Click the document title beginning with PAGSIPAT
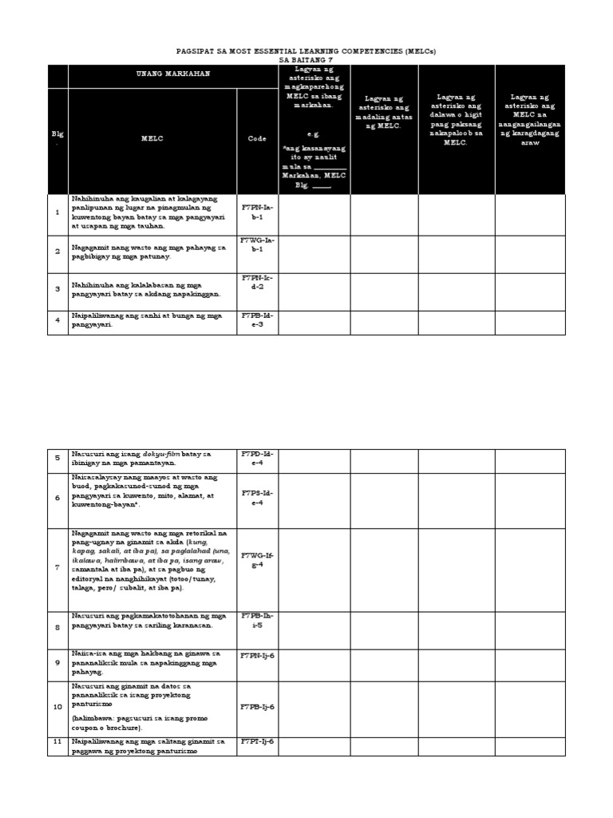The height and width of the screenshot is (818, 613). [x=306, y=51]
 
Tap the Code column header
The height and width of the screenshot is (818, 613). [x=257, y=138]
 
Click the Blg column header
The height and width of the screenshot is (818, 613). [x=57, y=138]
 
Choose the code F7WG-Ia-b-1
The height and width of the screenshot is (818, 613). [x=257, y=249]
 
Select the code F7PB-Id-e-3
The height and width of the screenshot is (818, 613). [x=257, y=321]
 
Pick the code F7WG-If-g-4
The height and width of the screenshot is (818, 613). [x=257, y=560]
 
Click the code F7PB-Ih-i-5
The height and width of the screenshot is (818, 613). [x=257, y=621]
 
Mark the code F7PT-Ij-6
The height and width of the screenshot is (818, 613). [x=257, y=741]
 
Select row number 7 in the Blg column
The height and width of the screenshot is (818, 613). [x=57, y=567]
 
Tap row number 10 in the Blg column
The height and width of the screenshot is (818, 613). [x=57, y=707]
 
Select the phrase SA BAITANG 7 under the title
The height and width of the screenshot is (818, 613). [x=306, y=60]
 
